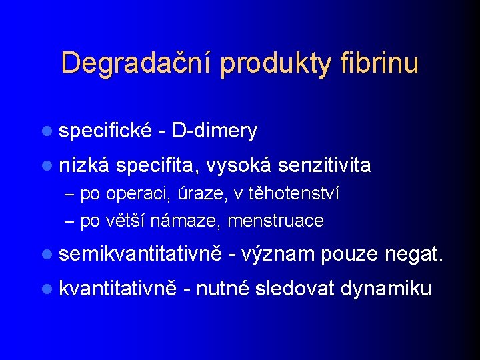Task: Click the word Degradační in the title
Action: tap(136, 63)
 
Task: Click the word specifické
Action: tap(106, 131)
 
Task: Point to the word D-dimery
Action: tap(214, 131)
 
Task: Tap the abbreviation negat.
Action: tap(413, 254)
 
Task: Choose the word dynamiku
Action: tap(386, 288)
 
